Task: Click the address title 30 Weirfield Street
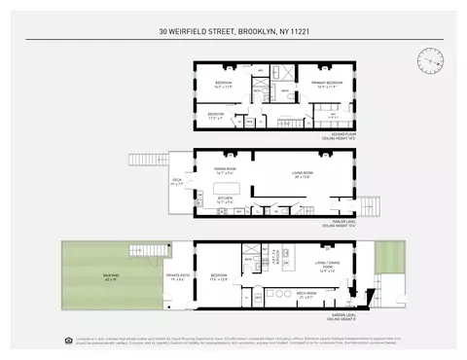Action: [233, 31]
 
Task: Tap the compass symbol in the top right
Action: [428, 59]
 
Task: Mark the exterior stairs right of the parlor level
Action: [375, 205]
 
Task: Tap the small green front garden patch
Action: [387, 257]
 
